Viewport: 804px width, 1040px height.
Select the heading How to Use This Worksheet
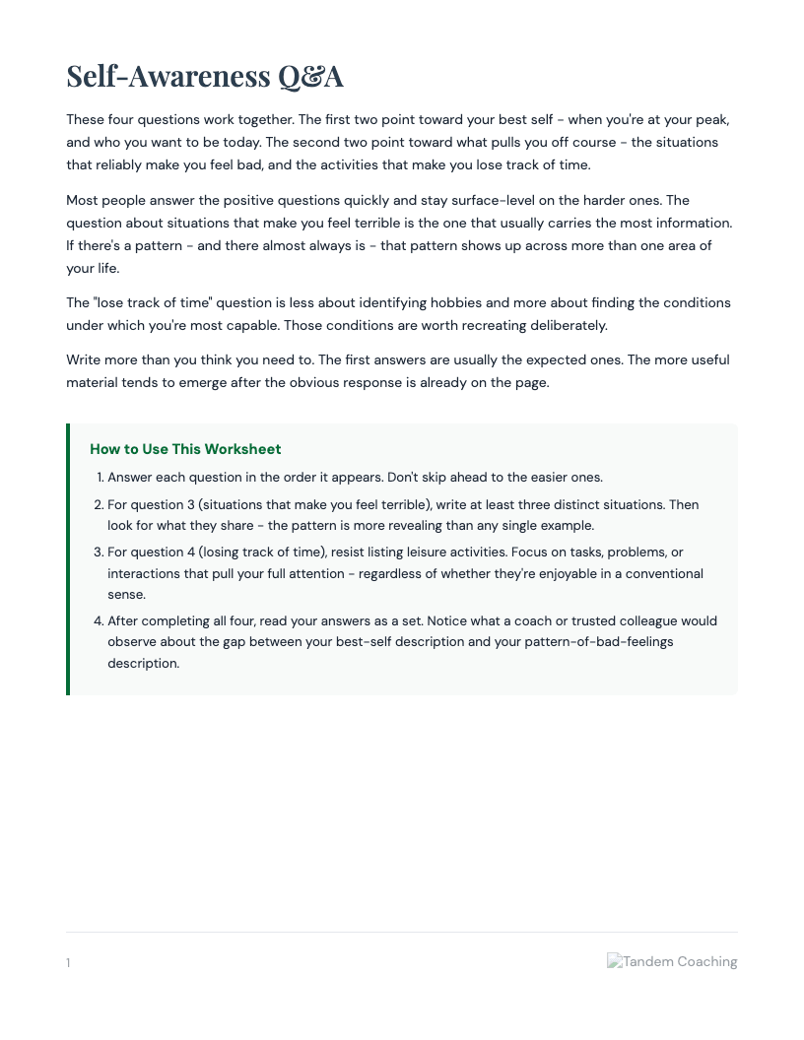coord(185,449)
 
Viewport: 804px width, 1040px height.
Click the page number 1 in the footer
coord(68,962)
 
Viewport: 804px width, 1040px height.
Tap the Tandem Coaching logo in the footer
coord(672,961)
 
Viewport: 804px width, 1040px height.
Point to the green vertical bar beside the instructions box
coord(68,559)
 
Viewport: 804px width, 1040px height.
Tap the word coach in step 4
coord(478,620)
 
